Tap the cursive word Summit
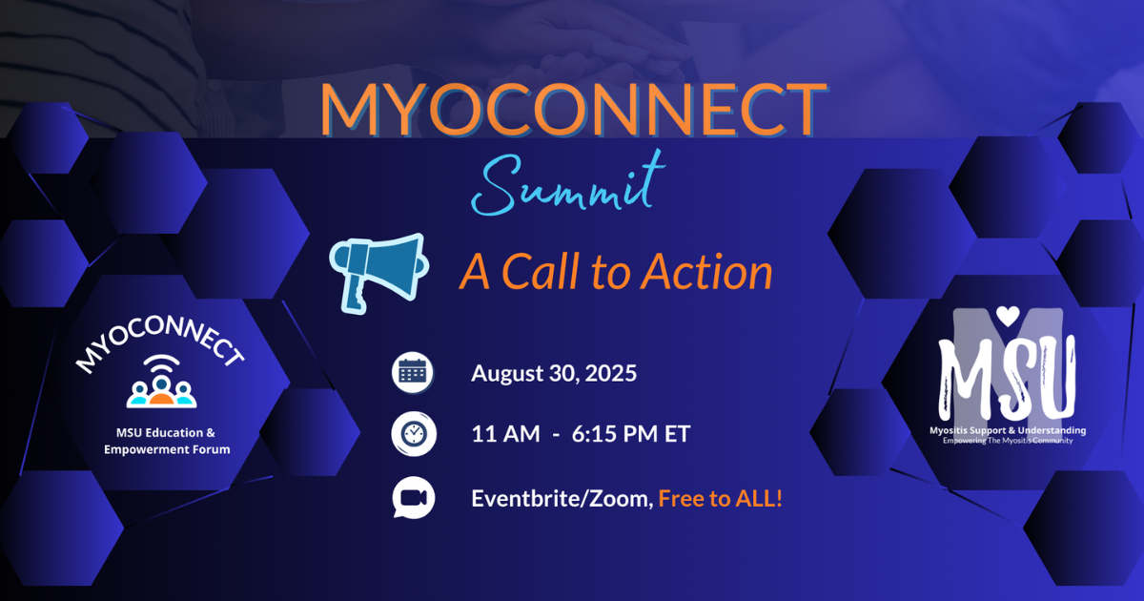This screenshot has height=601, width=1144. [x=568, y=183]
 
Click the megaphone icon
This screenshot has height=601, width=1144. [x=378, y=274]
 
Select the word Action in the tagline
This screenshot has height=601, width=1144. [x=706, y=271]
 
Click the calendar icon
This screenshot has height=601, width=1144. [x=413, y=373]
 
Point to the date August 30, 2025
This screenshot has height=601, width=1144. [x=554, y=373]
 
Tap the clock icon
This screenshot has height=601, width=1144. [x=414, y=434]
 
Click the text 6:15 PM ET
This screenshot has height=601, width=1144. [x=631, y=434]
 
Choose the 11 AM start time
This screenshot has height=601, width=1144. [x=505, y=434]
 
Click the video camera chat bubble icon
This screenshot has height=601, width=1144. [x=414, y=498]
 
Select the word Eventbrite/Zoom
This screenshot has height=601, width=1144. [x=562, y=498]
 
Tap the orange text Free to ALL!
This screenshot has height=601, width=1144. [x=720, y=498]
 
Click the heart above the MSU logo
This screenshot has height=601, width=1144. [x=1008, y=316]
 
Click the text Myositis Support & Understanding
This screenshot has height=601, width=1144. [x=1008, y=430]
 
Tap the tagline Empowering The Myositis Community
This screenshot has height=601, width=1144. [x=1008, y=441]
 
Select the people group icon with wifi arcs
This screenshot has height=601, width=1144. [x=161, y=382]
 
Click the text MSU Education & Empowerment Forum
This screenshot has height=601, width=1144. [x=167, y=441]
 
